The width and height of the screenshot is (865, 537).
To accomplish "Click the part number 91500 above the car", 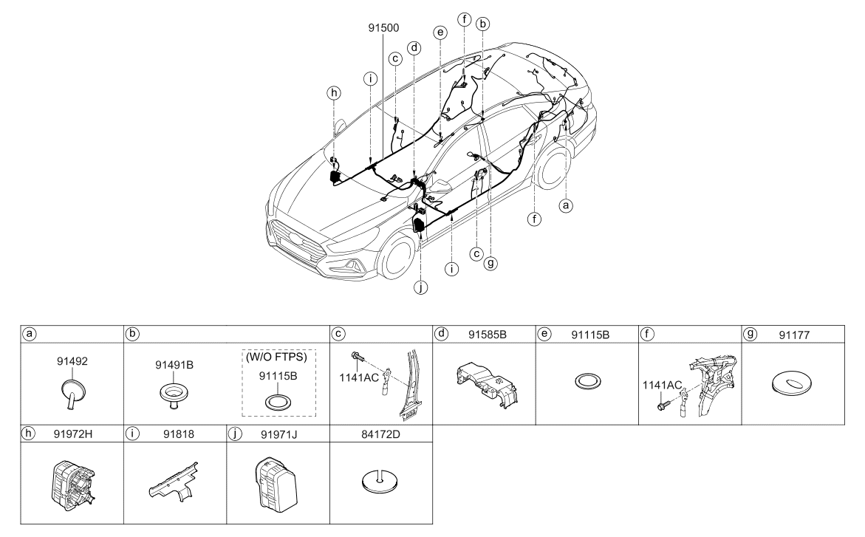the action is click(x=383, y=27).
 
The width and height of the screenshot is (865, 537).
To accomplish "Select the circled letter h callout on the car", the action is click(x=334, y=93).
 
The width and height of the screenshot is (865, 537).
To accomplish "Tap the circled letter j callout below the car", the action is click(x=421, y=287).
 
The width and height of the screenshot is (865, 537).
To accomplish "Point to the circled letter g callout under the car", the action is click(x=490, y=263).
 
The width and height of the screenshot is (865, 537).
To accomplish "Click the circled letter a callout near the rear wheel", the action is click(x=565, y=205).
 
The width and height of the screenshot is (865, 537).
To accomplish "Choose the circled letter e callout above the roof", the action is click(x=440, y=33).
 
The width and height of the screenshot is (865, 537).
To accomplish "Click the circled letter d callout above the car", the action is click(x=414, y=48).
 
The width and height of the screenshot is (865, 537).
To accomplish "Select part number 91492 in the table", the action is click(x=72, y=361).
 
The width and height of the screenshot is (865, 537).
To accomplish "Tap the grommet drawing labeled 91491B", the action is click(x=174, y=397).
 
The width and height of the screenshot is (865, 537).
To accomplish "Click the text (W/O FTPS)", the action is click(x=276, y=357).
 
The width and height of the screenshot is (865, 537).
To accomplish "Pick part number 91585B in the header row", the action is click(x=488, y=335).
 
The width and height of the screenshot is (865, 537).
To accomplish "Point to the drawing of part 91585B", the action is click(x=488, y=383).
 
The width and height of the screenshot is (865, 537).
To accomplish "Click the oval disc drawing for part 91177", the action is click(x=791, y=383).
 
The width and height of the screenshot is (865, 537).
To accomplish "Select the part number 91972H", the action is click(x=73, y=434).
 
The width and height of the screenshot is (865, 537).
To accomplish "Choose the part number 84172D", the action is click(x=380, y=434).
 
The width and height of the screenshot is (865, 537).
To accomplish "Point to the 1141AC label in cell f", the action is click(x=662, y=386).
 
